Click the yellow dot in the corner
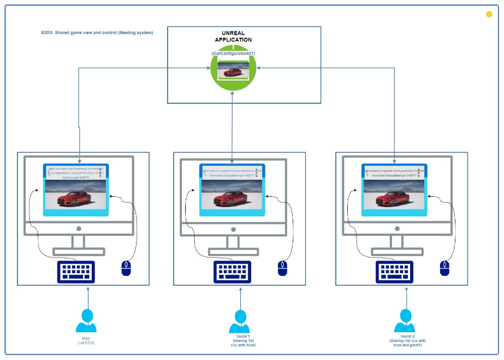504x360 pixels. [489, 14]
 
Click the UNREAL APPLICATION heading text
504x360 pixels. [233, 37]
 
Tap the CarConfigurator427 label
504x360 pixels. [233, 53]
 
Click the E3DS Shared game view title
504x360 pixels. [93, 33]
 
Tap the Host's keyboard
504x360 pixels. [75, 272]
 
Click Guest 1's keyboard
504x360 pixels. [232, 272]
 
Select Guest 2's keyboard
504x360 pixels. [394, 272]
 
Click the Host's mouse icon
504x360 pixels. [126, 268]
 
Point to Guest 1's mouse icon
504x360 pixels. [282, 268]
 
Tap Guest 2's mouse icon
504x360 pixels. [445, 268]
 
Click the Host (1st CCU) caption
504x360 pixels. [86, 341]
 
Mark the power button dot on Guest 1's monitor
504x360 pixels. [233, 228]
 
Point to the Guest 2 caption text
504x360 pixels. [407, 341]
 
